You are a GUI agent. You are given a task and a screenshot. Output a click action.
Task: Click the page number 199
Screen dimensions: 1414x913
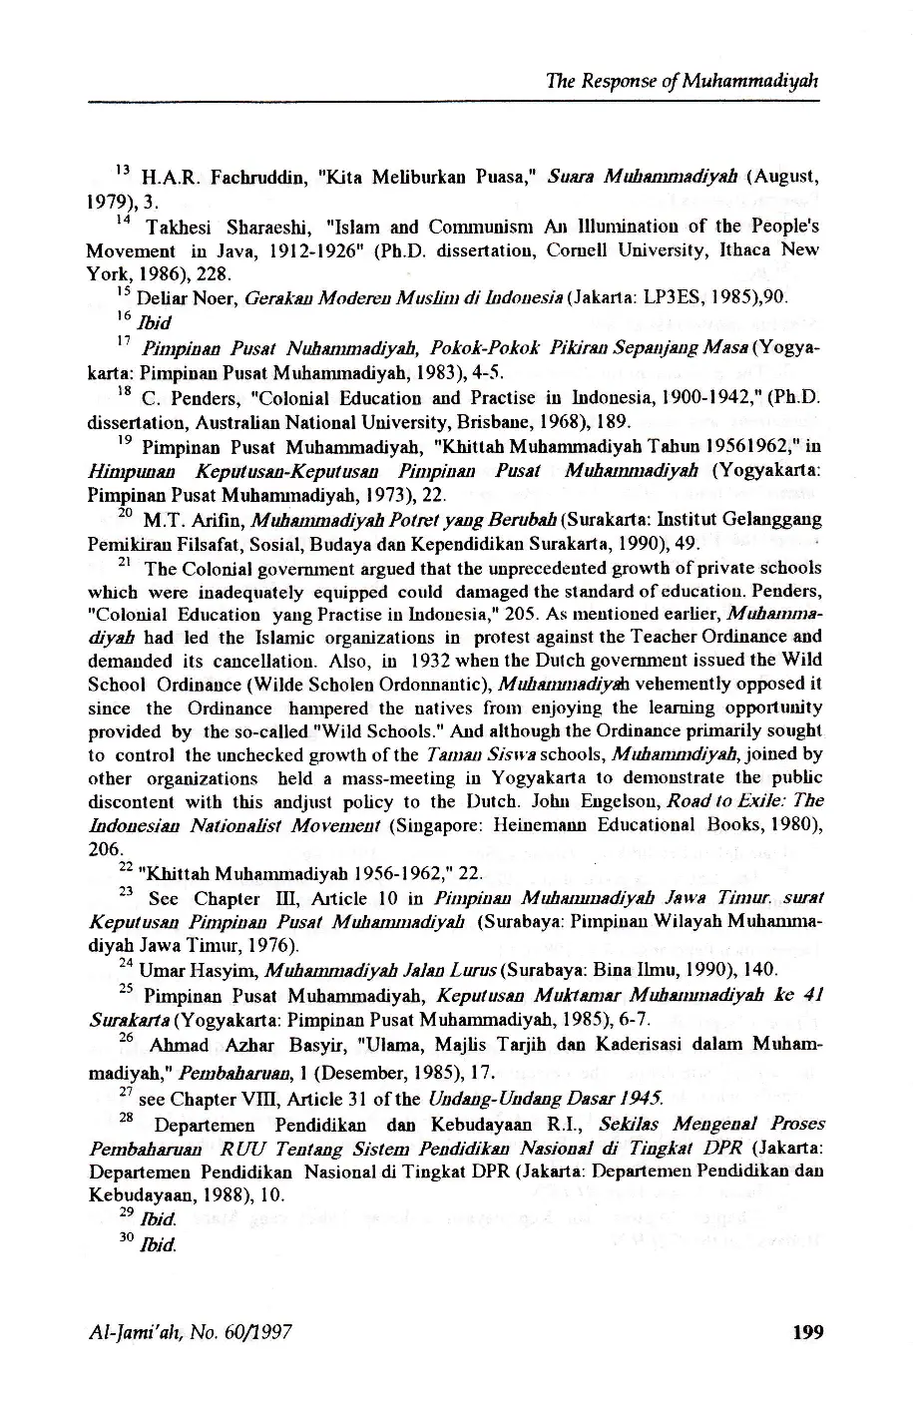click(x=805, y=1331)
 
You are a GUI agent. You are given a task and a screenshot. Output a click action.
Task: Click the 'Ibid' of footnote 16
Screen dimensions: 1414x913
click(x=157, y=322)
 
